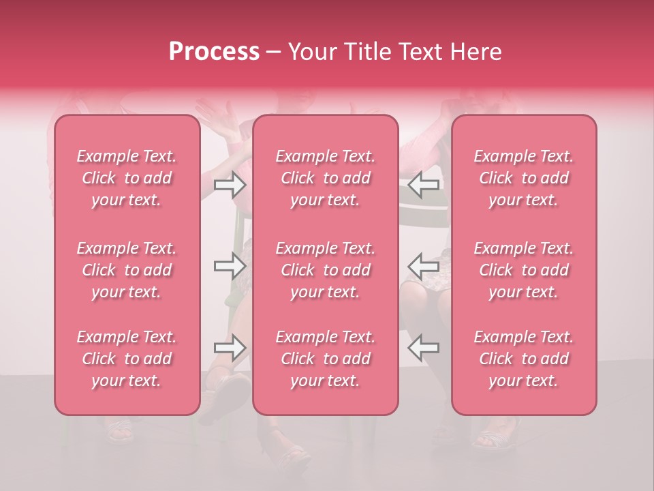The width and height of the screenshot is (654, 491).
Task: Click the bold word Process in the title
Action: point(214,52)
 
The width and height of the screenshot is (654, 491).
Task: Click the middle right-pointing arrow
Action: point(230,266)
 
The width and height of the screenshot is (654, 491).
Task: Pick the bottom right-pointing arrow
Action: point(230,348)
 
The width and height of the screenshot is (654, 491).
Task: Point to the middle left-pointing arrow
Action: point(423,266)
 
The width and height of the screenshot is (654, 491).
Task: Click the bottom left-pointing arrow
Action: point(423,348)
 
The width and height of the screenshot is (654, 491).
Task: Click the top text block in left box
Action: point(127,178)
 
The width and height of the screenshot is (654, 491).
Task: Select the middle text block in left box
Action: point(127,270)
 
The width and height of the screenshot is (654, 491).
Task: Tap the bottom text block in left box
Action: point(127,359)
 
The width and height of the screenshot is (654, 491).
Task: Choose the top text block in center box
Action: point(326,178)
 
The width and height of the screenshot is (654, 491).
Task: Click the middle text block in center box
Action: point(326,270)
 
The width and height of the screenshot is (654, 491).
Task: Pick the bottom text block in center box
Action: point(326,359)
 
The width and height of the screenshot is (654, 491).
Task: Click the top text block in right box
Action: point(524,178)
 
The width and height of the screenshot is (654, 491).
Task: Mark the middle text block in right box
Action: point(524,270)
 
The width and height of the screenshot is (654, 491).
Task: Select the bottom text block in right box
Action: point(524,359)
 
